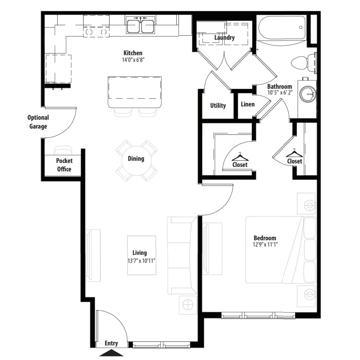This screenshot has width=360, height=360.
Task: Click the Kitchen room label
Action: (x=133, y=53)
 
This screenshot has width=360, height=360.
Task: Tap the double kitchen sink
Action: (x=140, y=25)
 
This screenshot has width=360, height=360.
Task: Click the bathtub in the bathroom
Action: (x=282, y=28)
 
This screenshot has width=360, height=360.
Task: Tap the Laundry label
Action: (x=224, y=38)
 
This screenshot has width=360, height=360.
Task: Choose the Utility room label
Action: (x=218, y=106)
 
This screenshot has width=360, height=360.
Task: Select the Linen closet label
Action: (x=247, y=104)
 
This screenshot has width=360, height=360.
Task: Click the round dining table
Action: (x=136, y=160)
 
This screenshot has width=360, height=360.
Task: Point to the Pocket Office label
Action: (x=64, y=165)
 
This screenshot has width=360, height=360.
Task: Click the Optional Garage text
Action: (x=38, y=122)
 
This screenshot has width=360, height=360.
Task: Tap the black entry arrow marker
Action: (x=111, y=353)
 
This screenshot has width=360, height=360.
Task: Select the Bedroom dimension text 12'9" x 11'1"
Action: (x=265, y=245)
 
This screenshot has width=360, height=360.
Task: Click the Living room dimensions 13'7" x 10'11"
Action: (x=141, y=261)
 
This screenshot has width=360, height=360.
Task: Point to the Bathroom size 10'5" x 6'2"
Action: (x=280, y=92)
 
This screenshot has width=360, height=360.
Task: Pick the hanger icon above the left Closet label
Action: (x=240, y=157)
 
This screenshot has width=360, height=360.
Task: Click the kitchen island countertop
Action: (x=135, y=92)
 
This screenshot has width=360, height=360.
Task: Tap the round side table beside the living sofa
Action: (x=188, y=305)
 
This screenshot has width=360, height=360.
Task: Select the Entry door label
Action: (x=111, y=343)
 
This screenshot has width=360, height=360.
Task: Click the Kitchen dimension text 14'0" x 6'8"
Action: (x=133, y=60)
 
